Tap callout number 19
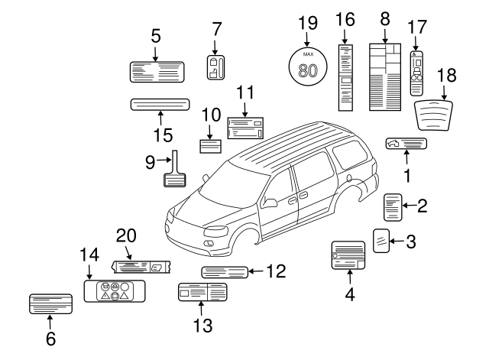point(307,22)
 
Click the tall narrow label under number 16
point(345,76)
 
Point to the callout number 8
point(384,16)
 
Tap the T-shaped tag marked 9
point(175,172)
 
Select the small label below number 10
point(210,147)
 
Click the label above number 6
point(51,304)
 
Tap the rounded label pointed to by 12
point(225,271)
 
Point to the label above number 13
point(202,293)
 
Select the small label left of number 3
point(382,239)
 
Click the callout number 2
point(422,205)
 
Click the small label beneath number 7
point(216,67)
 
